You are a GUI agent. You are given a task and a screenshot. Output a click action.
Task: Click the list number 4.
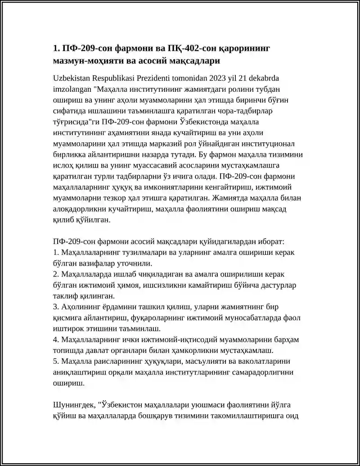(x=55, y=340)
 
